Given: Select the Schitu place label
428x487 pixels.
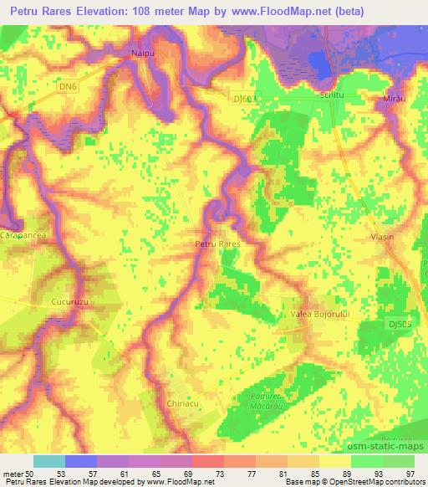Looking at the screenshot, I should click(309, 96).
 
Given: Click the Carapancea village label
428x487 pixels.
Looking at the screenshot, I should click(23, 237).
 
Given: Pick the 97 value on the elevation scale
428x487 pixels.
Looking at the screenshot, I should click(410, 473).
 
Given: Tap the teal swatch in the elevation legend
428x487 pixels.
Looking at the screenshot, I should click(49, 461).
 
